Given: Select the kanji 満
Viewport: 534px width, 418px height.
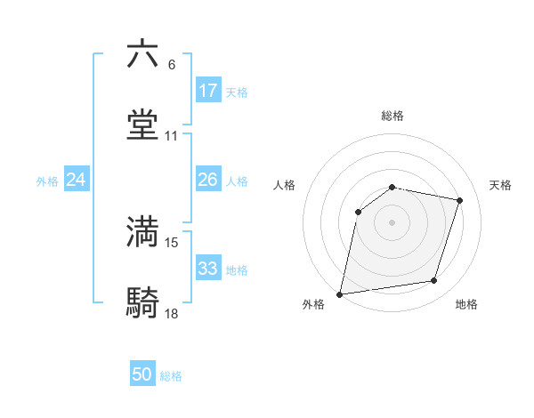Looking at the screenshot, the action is [142, 231].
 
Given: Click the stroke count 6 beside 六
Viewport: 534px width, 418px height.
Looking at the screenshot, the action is [172, 64].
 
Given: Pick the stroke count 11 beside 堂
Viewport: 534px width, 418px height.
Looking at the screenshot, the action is [172, 136].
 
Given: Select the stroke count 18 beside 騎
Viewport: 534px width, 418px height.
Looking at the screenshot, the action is [172, 314].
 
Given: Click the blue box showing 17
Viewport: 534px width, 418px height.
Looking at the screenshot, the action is [208, 91].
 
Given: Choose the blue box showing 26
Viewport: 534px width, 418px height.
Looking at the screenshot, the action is [208, 180].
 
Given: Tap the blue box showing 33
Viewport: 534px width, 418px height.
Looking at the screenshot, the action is [208, 269].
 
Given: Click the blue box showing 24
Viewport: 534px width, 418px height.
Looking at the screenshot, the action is [77, 180].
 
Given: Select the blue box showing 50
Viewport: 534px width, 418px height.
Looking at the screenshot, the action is [142, 374].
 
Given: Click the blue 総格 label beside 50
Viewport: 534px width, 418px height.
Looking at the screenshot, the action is [172, 376].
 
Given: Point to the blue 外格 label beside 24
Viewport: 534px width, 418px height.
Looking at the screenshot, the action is [47, 181].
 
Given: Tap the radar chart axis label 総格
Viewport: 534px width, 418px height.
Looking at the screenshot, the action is [392, 116].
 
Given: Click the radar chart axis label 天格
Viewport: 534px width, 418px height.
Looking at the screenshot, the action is [501, 185].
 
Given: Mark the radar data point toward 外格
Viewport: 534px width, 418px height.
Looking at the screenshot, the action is [340, 293].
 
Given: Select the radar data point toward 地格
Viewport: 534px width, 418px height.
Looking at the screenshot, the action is [434, 280].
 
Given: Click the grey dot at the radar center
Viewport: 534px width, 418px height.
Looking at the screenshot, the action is [392, 222].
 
